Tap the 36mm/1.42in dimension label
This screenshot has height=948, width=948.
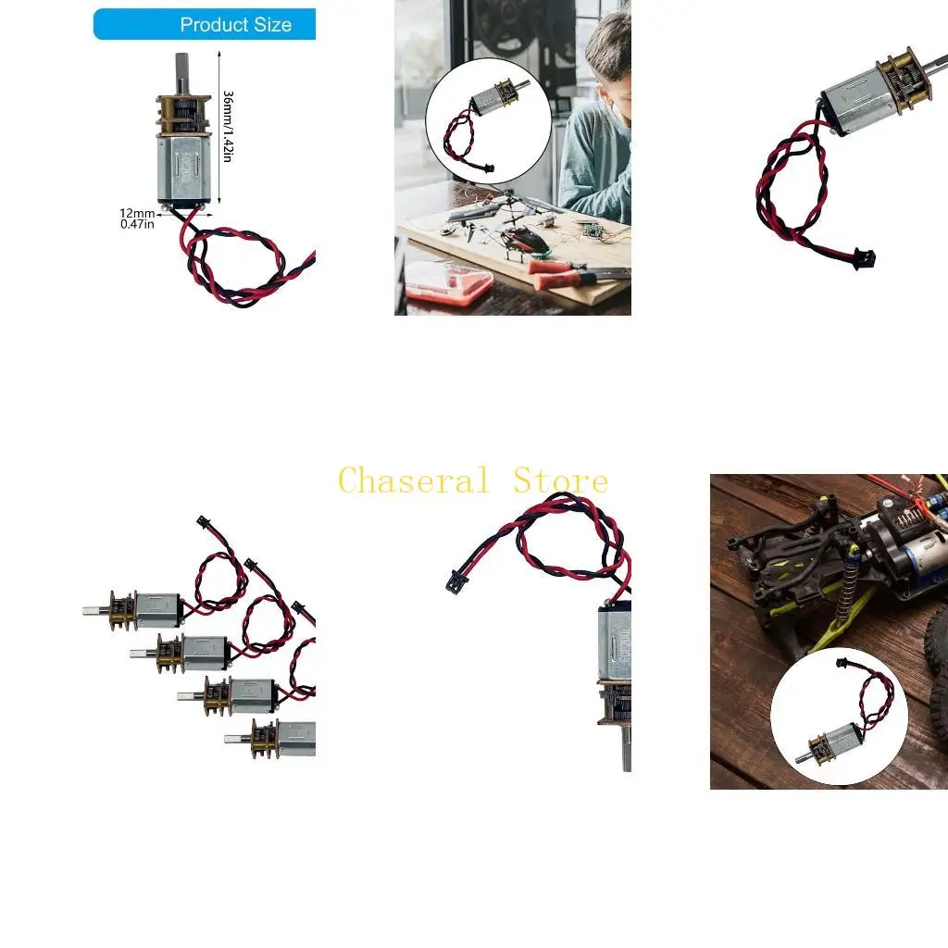(228, 126)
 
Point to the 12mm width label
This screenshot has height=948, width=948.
(136, 212)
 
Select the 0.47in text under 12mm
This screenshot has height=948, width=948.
(137, 224)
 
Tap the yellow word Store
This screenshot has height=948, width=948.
(561, 481)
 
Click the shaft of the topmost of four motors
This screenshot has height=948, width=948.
(94, 612)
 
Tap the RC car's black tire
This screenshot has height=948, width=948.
(937, 639)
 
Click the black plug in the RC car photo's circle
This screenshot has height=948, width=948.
(841, 663)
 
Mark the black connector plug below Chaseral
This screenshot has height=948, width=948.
(455, 581)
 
